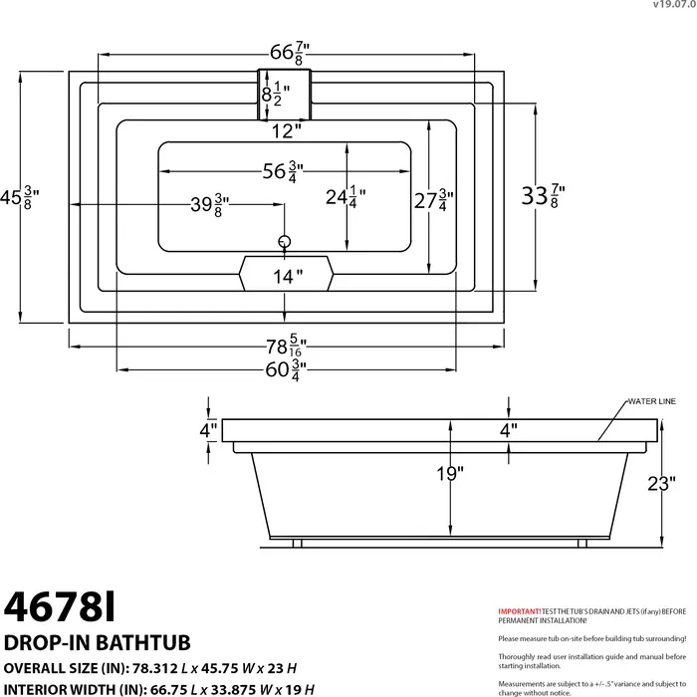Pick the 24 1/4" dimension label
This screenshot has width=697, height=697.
pyautogui.click(x=341, y=198)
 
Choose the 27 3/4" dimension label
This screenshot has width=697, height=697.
pyautogui.click(x=433, y=200)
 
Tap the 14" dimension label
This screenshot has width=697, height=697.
pyautogui.click(x=287, y=277)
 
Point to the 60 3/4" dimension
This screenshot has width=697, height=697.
pyautogui.click(x=284, y=369)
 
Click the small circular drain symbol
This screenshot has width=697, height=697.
pyautogui.click(x=284, y=241)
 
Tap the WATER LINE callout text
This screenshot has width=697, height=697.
pyautogui.click(x=651, y=401)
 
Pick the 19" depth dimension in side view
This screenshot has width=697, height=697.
pyautogui.click(x=450, y=474)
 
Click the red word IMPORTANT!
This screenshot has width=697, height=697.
pyautogui.click(x=519, y=610)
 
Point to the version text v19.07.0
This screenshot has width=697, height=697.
pyautogui.click(x=674, y=5)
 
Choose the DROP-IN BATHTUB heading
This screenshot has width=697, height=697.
pyautogui.click(x=98, y=642)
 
